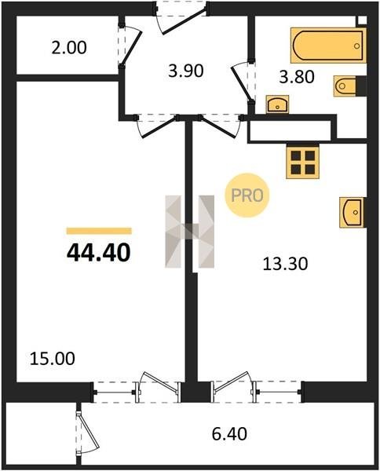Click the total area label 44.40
[x=98, y=252]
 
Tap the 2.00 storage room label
[x=69, y=48]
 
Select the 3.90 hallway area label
[x=186, y=71]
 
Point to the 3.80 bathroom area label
[x=297, y=77]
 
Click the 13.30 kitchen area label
[x=285, y=265]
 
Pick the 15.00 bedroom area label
[x=53, y=359]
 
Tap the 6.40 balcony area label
[x=229, y=434]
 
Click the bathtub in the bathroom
[x=328, y=46]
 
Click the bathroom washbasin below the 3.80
[x=277, y=104]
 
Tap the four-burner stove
[x=303, y=162]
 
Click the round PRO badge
[x=247, y=195]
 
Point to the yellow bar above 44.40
[x=99, y=231]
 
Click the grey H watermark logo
[x=189, y=232]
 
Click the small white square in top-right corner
[x=363, y=20]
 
